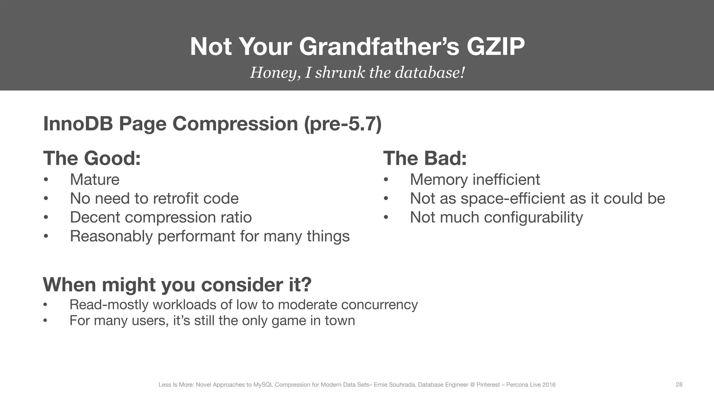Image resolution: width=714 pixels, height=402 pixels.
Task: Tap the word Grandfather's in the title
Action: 379,47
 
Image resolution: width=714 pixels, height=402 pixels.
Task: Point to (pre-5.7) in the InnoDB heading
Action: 343,124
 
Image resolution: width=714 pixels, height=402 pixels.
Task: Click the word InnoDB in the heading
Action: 78,124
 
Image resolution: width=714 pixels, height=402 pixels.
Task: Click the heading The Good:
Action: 92,158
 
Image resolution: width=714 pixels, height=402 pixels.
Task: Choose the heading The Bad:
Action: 425,158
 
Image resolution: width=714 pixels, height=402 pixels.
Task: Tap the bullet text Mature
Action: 94,180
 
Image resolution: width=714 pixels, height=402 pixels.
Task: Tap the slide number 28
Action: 679,385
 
